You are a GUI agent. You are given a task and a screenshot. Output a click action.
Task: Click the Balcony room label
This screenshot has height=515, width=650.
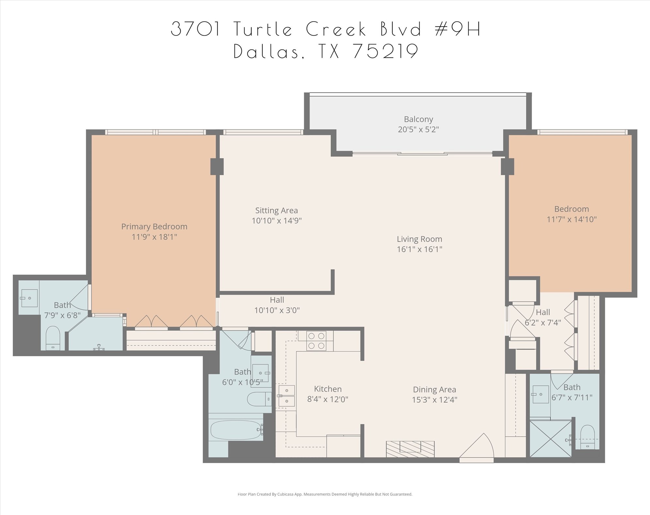(x=418, y=119)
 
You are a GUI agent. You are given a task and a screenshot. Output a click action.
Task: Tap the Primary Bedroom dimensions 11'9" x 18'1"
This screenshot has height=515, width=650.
(x=154, y=237)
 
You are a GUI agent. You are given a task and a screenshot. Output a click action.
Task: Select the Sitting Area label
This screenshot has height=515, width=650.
(x=276, y=211)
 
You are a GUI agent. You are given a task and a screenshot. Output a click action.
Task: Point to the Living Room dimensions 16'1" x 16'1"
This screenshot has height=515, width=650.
(x=419, y=249)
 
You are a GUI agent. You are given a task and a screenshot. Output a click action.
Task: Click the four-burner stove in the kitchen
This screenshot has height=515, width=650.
(x=316, y=341)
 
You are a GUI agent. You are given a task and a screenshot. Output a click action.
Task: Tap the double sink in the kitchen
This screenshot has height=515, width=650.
(x=287, y=396)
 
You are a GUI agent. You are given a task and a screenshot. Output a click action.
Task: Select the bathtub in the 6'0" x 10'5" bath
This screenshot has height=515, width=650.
(x=235, y=430)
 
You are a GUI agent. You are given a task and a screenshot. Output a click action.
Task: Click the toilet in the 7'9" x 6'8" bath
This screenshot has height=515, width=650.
(x=53, y=338)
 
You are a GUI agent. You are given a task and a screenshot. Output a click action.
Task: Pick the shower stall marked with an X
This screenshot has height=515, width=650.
(x=550, y=439)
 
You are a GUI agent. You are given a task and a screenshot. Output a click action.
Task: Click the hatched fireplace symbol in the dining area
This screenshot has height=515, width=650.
(x=410, y=449)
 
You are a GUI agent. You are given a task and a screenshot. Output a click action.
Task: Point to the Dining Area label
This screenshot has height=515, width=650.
(x=434, y=389)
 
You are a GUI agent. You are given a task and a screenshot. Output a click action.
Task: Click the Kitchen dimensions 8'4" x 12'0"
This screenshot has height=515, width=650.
(x=327, y=399)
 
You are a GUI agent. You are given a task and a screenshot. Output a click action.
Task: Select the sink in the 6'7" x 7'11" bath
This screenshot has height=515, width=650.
(x=540, y=394)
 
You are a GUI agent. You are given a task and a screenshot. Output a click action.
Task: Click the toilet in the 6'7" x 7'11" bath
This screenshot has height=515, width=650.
(x=587, y=437)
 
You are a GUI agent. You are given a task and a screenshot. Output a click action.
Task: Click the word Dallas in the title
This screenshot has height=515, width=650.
(x=266, y=52)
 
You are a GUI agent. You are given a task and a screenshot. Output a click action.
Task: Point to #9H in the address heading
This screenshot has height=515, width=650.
(x=458, y=29)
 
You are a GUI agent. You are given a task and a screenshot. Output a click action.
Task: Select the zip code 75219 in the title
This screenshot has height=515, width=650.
(x=386, y=52)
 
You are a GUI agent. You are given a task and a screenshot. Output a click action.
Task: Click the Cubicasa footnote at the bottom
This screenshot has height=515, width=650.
(x=325, y=494)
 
